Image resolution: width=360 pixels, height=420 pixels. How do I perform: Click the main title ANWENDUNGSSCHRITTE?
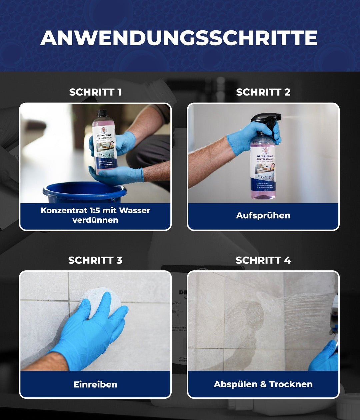(179, 38)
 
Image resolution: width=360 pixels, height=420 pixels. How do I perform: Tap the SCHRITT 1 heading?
(95, 92)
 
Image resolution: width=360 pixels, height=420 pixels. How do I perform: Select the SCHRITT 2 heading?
(263, 92)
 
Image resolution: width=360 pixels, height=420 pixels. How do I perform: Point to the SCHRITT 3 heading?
(95, 260)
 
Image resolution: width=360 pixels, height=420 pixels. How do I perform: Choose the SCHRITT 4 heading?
(263, 260)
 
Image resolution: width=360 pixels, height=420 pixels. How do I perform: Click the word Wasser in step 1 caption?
(134, 210)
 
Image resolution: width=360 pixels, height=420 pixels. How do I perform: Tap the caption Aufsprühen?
(263, 215)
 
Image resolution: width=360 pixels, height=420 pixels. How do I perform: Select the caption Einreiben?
(95, 384)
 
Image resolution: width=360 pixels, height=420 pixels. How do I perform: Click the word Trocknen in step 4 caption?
(291, 384)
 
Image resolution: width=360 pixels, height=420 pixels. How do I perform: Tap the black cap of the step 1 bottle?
(102, 113)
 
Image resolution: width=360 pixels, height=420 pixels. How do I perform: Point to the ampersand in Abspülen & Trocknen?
(263, 384)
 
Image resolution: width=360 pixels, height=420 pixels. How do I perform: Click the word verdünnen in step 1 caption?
(95, 220)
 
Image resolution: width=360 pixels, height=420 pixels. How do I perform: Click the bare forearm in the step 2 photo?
(208, 163)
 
